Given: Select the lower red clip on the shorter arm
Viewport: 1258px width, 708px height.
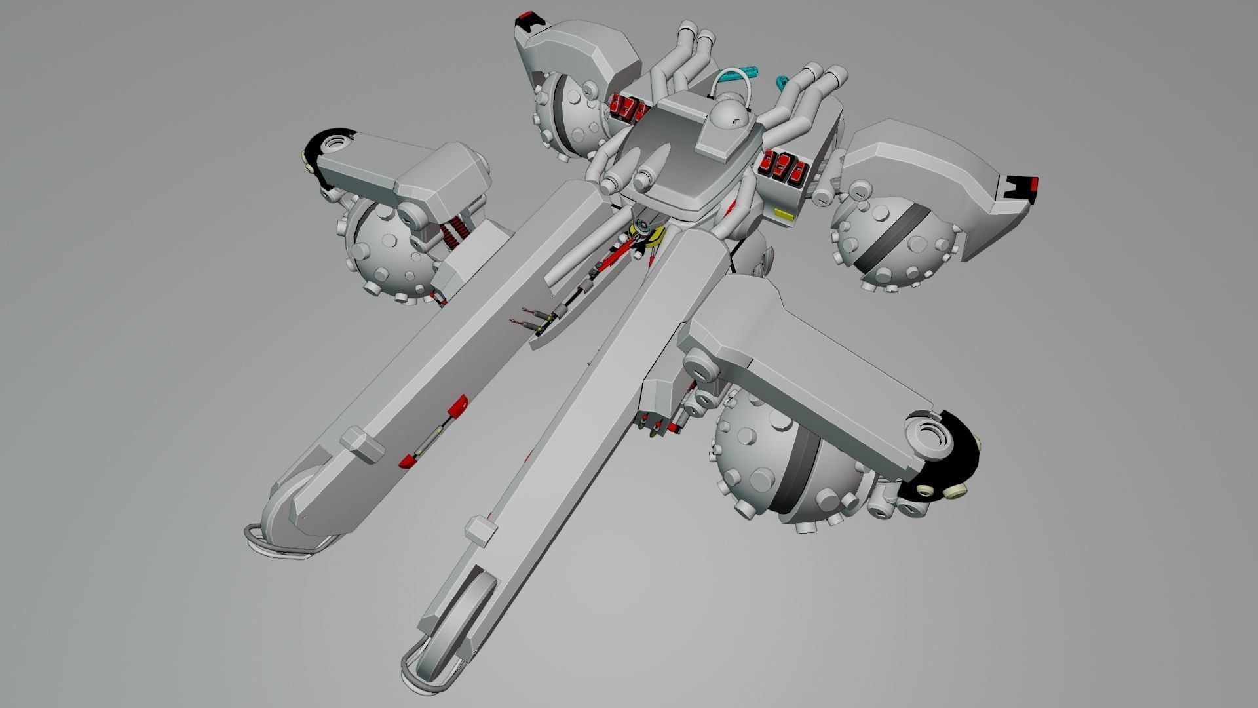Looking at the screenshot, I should (x=409, y=461).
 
